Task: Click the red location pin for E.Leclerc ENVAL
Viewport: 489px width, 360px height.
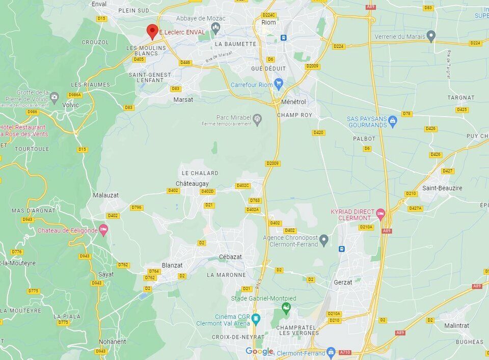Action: pos(152,31)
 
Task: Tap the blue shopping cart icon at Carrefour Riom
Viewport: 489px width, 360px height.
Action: pos(278,83)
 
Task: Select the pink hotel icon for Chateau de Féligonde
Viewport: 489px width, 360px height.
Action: pos(103,230)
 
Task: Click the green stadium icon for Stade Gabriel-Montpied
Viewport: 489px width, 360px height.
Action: pos(286,308)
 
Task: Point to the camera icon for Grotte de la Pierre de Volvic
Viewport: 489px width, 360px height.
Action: pos(55,96)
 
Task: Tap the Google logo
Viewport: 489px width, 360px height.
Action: pos(259,351)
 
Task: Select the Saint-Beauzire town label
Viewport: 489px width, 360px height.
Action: pos(442,188)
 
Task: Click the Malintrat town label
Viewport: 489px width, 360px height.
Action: pos(456,325)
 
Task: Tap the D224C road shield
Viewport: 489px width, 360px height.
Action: pos(268,15)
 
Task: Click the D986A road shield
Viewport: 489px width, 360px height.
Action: pos(75,95)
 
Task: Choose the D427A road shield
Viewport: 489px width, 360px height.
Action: pos(416,208)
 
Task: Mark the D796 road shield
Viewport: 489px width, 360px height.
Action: pos(136,207)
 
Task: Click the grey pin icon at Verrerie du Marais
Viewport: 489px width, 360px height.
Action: pos(431,36)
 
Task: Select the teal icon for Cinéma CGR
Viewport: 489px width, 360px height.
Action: pos(256,319)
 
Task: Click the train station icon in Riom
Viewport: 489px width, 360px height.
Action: pos(284,38)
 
